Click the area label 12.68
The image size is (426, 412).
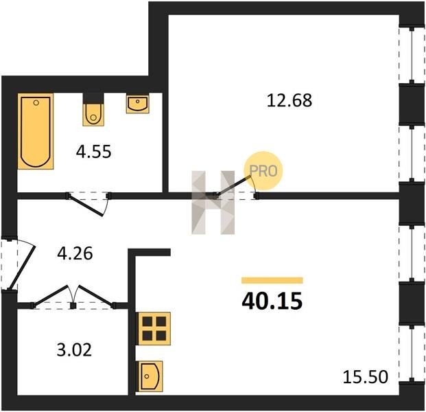coord(289,100)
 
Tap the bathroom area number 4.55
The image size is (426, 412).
coord(94,152)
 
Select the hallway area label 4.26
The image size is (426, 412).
coord(75,253)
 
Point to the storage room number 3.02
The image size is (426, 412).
coord(74,350)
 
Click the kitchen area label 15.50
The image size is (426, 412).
coord(366,377)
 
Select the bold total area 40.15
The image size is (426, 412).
coord(272,301)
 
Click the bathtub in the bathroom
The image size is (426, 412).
coord(36,131)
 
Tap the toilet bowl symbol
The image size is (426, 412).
coord(93,115)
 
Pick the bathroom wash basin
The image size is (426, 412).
coord(137,104)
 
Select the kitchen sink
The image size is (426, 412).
coord(150,376)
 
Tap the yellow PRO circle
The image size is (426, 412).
coord(263,171)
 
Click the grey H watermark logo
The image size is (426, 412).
coord(213,203)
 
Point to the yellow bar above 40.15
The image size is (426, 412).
coord(272,280)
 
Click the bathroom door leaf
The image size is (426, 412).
coord(85,205)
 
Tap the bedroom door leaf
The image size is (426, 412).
coord(233,186)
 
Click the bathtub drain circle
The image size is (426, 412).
coord(36,103)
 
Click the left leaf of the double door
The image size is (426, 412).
coord(50,295)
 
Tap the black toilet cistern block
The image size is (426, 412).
coord(93,98)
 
